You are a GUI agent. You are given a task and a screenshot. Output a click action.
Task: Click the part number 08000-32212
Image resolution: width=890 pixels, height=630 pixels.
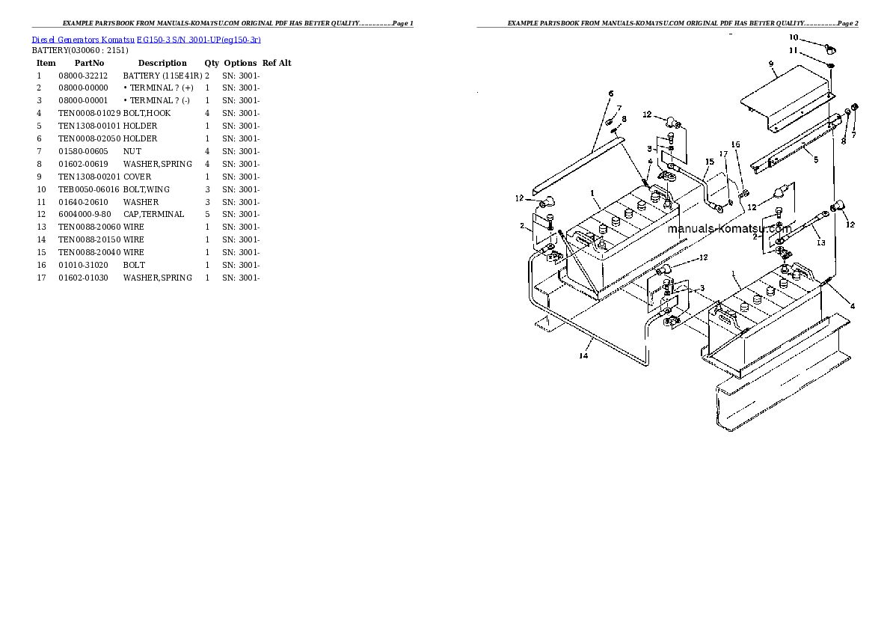(x=83, y=76)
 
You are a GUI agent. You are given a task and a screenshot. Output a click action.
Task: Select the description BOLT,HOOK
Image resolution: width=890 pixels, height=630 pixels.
(x=147, y=113)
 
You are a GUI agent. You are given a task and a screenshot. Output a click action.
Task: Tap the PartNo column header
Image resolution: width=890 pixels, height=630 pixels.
(x=89, y=63)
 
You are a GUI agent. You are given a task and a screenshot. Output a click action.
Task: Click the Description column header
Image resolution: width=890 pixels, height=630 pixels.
(x=162, y=63)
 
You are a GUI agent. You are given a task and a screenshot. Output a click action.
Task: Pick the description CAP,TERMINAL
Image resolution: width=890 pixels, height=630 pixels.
(x=154, y=214)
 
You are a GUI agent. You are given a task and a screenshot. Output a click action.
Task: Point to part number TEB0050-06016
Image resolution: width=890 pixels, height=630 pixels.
(x=89, y=189)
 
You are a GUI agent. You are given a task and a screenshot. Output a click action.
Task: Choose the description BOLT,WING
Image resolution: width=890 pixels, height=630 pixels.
(x=147, y=189)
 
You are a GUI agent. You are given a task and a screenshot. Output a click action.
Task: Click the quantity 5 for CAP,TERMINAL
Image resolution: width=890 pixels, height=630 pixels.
(x=207, y=214)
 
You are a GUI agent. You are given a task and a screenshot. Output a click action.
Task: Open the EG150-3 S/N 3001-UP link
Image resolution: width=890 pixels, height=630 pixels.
(x=199, y=40)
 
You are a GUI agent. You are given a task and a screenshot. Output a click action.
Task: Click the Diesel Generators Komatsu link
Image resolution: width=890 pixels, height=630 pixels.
(x=83, y=40)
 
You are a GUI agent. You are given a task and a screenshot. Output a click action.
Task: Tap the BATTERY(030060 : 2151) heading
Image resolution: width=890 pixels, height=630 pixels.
(x=80, y=51)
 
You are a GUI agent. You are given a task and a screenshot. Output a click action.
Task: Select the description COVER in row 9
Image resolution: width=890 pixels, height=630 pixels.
(x=138, y=177)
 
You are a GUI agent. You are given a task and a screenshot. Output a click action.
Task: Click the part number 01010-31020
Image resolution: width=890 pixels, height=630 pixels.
(x=83, y=265)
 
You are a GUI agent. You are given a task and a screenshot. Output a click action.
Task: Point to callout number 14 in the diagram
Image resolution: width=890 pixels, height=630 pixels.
(x=583, y=355)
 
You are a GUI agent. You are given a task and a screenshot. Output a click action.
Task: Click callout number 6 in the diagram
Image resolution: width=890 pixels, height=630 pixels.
(x=611, y=94)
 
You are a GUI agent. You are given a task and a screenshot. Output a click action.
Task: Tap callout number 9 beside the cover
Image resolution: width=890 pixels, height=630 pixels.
(x=771, y=64)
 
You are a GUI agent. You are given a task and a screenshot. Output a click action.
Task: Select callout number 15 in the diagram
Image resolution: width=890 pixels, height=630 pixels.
(x=710, y=162)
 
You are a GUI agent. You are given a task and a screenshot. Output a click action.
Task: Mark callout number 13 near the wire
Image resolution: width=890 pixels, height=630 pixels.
(x=820, y=242)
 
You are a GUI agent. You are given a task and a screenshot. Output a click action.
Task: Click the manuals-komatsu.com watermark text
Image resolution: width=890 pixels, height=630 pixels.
(x=729, y=228)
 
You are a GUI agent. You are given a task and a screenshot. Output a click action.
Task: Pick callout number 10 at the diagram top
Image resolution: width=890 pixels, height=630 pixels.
(x=794, y=37)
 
